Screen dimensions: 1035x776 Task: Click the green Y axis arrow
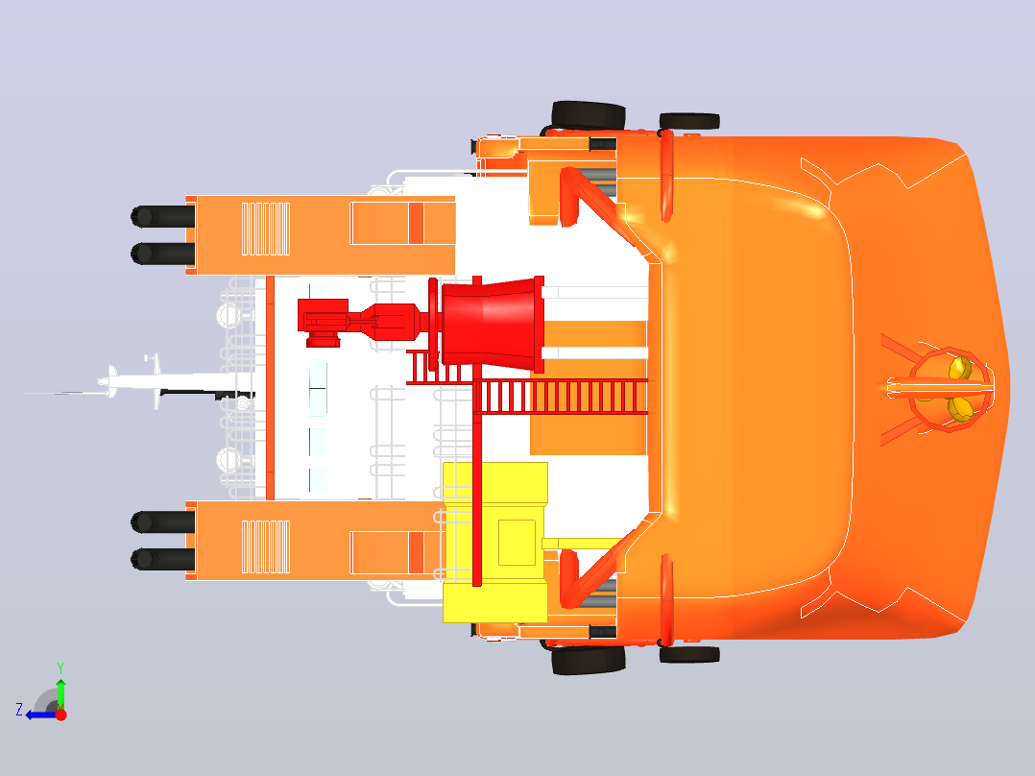60,693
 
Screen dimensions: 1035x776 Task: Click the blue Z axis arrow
38,715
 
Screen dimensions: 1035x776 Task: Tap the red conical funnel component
492,324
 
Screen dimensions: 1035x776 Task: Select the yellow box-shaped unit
495,543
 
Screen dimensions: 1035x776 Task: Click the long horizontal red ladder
561,397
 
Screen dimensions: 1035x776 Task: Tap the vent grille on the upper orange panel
265,229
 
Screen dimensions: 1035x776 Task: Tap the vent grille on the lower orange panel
265,546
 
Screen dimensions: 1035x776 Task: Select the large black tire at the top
589,115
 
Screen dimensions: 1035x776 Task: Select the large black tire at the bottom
589,660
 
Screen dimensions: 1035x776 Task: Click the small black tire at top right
689,121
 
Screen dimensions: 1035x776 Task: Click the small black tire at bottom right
689,654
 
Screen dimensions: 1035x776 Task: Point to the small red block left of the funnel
323,323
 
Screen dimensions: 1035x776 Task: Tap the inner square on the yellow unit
517,543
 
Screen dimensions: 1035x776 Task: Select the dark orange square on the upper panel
416,223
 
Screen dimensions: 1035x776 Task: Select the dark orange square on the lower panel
416,552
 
